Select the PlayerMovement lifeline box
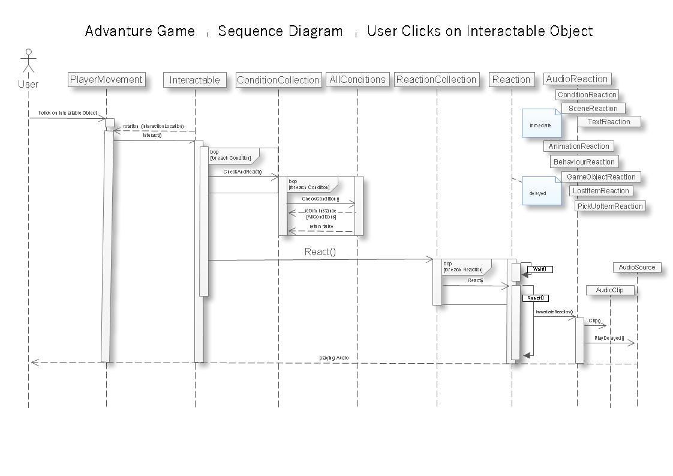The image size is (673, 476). click(106, 79)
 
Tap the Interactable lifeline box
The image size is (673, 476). click(194, 80)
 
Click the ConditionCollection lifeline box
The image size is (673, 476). click(278, 80)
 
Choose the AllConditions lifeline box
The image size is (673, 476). click(357, 79)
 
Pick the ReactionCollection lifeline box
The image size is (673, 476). click(436, 79)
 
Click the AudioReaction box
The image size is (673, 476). click(577, 79)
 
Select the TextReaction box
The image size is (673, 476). click(608, 122)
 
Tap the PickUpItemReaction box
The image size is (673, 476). click(609, 206)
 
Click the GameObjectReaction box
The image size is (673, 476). click(601, 176)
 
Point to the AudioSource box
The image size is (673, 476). click(636, 267)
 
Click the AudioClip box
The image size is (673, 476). click(609, 290)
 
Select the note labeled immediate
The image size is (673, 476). click(541, 124)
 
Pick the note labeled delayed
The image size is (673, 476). click(541, 191)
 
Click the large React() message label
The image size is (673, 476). click(320, 252)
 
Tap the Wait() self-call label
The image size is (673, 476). click(540, 270)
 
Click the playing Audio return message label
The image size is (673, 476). click(334, 358)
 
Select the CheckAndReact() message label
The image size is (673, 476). click(242, 172)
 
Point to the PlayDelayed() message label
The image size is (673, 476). click(609, 339)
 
